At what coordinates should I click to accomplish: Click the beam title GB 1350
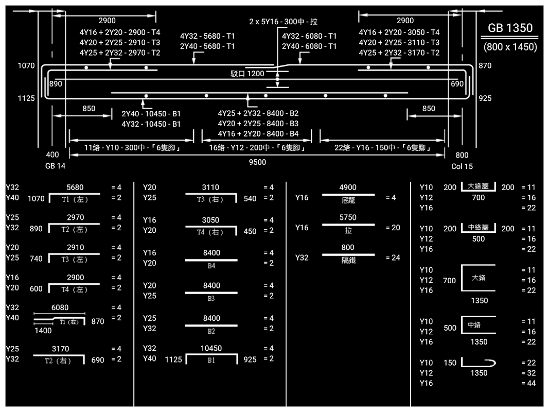coord(510,28)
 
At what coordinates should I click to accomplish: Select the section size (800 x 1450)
coord(510,47)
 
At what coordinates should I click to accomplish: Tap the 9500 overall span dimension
coord(257,162)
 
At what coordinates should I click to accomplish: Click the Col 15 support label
coord(462,166)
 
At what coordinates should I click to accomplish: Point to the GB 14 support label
coord(55,166)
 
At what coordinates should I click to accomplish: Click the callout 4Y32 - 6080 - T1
coord(309,36)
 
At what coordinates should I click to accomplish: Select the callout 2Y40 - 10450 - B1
coord(151,113)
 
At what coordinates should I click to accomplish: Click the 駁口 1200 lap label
coord(247,74)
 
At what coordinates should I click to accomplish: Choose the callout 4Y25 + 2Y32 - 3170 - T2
coord(399,53)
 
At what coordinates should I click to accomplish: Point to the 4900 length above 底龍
coord(348,187)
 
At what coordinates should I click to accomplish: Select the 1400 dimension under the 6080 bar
coord(43,331)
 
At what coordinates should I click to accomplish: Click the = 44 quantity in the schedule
coord(528,383)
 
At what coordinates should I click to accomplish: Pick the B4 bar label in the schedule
coord(211,266)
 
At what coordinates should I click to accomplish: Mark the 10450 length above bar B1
coord(211,349)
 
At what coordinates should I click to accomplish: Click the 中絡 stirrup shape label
coord(474,325)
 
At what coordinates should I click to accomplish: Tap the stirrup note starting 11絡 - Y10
coord(131,148)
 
